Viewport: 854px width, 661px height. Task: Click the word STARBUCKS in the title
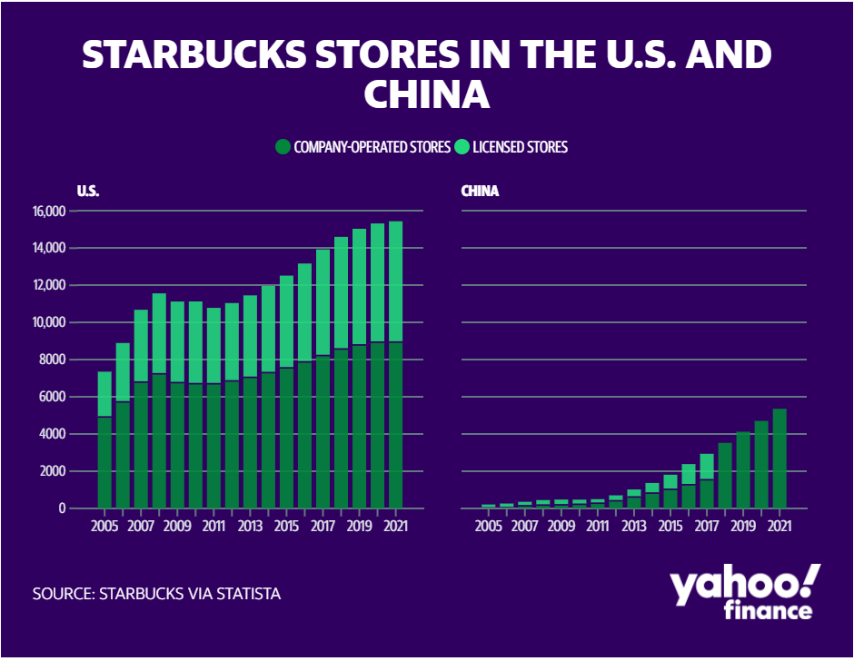[194, 54]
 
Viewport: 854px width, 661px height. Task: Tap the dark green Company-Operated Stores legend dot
[283, 147]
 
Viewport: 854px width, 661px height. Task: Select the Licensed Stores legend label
[521, 147]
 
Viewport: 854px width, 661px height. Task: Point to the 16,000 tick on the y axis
[49, 212]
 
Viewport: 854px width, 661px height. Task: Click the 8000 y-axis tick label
[53, 360]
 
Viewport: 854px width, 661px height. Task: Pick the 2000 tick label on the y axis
[53, 471]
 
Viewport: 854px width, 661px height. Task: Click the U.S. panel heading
[88, 191]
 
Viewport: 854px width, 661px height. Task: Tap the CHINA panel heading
[480, 191]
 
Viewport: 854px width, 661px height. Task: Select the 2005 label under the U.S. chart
[104, 526]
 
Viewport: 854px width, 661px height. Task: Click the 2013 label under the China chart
[634, 526]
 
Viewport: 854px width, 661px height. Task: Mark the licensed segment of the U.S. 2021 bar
[395, 281]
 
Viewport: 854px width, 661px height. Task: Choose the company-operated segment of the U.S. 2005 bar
[104, 463]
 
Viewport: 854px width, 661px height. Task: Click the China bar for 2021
[780, 459]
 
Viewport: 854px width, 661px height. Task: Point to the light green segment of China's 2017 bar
[707, 467]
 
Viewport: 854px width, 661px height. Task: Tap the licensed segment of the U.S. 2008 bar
[159, 334]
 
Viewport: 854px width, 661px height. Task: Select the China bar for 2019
[743, 470]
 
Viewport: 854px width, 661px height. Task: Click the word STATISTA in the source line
[248, 594]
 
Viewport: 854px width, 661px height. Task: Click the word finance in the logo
[768, 610]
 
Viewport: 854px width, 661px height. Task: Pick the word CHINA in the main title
[427, 94]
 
